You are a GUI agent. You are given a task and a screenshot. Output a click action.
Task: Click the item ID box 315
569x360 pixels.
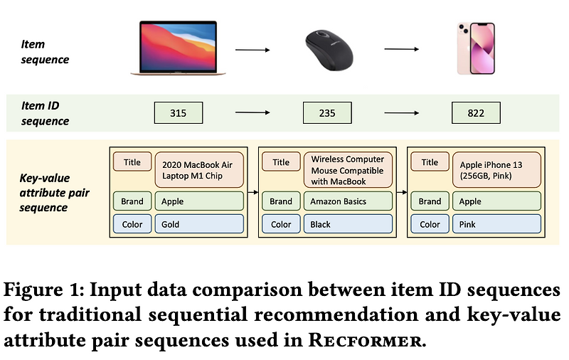pos(179,112)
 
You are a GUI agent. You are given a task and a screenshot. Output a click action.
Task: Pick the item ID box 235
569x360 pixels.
pos(327,112)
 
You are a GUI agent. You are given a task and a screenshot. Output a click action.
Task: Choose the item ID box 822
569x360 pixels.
pos(476,112)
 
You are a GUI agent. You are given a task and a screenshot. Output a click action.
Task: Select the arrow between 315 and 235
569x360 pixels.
pos(252,112)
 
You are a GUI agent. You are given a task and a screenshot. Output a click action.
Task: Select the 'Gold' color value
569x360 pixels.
pos(198,224)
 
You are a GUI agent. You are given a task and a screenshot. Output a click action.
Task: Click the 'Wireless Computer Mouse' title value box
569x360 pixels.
pos(348,170)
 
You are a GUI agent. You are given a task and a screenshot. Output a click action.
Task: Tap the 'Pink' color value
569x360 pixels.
pos(496,224)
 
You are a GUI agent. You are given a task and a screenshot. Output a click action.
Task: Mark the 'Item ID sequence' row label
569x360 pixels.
pos(46,112)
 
